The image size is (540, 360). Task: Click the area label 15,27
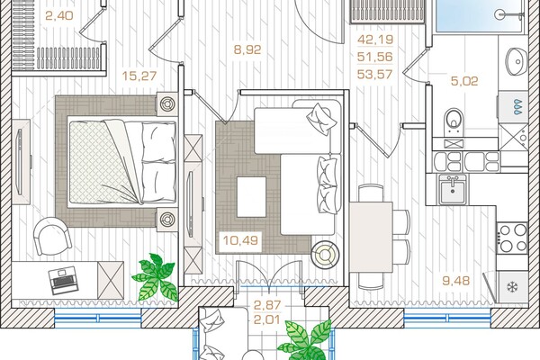click(139, 76)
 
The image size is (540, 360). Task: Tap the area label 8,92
click(247, 49)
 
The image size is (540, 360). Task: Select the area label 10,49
click(240, 240)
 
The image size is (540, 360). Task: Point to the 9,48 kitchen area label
click(455, 281)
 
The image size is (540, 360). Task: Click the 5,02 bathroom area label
click(464, 81)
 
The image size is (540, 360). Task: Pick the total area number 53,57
click(375, 74)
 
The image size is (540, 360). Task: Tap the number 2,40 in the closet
click(59, 15)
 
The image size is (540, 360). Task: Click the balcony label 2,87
click(267, 305)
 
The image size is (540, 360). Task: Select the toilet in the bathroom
click(454, 122)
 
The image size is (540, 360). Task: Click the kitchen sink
click(453, 189)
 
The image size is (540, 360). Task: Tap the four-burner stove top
click(512, 238)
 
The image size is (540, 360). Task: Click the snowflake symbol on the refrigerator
click(513, 286)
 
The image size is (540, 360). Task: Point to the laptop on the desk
click(63, 280)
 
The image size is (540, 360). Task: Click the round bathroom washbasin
click(517, 62)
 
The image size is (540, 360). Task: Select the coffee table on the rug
click(252, 197)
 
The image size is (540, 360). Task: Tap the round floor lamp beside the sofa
click(325, 255)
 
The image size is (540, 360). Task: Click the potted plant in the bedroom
click(156, 277)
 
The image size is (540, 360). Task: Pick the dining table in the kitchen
click(371, 237)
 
